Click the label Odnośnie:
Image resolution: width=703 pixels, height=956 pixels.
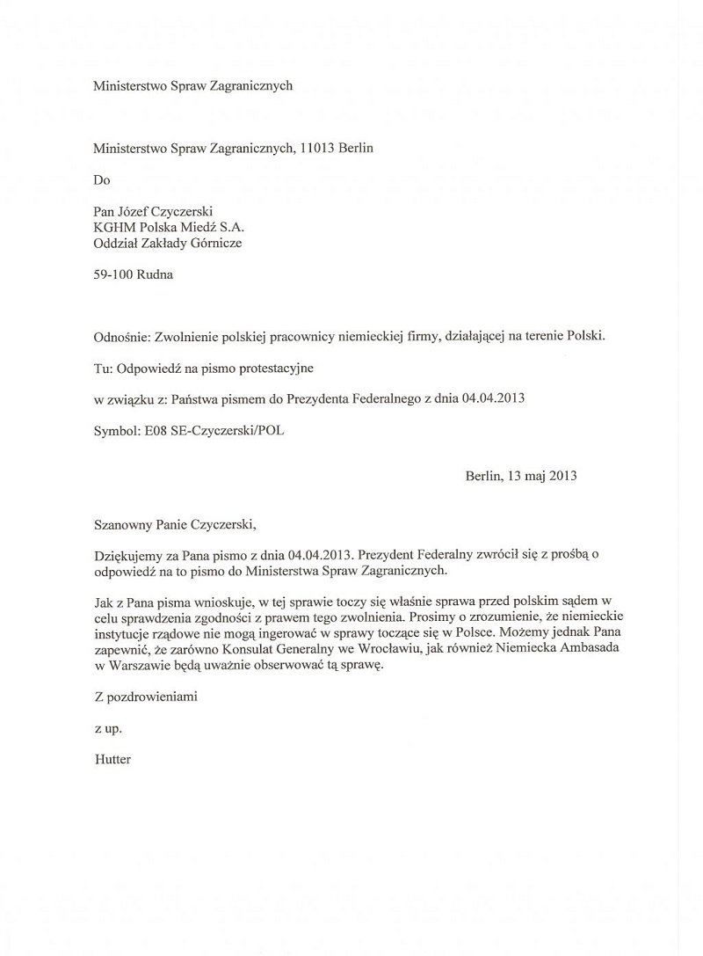[121, 337]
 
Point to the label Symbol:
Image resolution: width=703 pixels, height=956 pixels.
[116, 430]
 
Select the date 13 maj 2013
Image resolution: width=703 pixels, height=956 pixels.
[541, 477]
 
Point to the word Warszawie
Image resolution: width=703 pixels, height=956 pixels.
[136, 666]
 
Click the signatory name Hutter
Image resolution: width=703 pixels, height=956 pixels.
[112, 759]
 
